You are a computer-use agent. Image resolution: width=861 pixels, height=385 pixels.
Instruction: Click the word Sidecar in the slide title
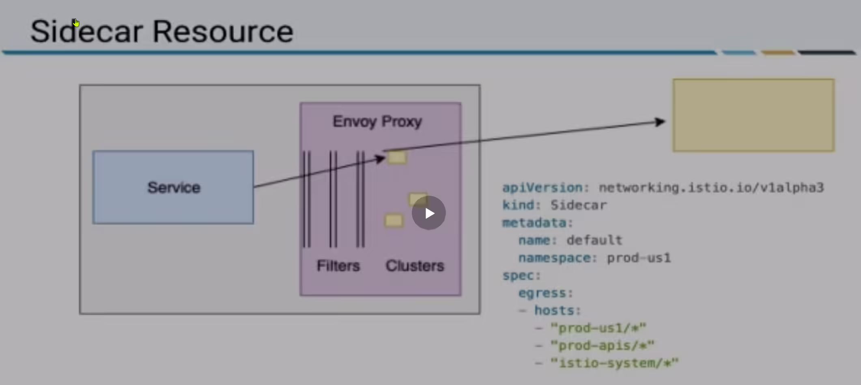coord(86,31)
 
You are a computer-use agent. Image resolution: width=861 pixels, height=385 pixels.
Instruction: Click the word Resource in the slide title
coord(223,31)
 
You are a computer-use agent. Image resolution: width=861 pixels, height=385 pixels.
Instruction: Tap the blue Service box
coord(173,187)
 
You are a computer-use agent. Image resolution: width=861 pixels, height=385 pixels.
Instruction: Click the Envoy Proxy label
coord(377,121)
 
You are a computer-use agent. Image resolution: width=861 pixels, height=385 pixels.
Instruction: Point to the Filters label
coord(338,266)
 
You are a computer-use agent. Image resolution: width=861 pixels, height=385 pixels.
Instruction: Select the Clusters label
coord(415,266)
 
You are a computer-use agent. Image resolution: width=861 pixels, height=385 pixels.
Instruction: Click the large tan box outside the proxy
coord(753,115)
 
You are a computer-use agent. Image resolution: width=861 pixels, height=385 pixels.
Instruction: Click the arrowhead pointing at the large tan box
coord(660,121)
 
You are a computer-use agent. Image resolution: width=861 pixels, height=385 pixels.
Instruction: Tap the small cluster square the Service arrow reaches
coord(397,157)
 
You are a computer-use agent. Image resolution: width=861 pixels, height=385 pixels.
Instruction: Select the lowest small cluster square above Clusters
coord(394,221)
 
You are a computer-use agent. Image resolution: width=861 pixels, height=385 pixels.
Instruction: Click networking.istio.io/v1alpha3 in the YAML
coord(711,188)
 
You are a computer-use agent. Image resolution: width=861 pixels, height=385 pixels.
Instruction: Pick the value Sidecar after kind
coord(579,205)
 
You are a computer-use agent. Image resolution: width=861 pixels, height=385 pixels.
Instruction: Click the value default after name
coord(594,240)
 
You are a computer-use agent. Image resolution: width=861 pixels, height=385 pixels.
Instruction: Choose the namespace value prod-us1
coord(639,258)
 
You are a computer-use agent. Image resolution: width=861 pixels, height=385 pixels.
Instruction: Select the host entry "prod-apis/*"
coord(603,346)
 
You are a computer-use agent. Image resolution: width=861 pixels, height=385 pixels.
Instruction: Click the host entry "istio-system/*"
coord(615,363)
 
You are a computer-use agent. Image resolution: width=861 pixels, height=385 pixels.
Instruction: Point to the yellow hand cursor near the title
coord(76,23)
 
